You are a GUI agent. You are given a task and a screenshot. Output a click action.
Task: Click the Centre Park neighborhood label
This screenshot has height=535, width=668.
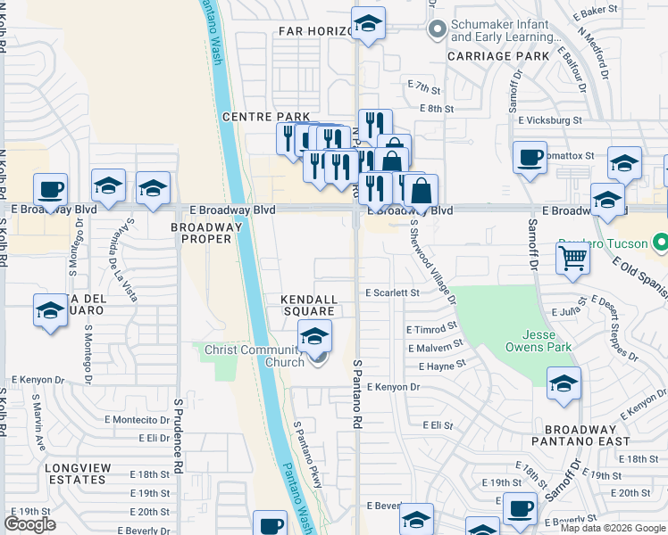click(x=265, y=117)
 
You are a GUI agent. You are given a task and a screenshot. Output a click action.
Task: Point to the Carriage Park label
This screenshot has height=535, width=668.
click(x=498, y=55)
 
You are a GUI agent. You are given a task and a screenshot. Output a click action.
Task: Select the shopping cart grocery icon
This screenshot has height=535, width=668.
click(x=572, y=259)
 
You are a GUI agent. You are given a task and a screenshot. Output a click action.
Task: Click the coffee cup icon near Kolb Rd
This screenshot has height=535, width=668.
click(x=50, y=190)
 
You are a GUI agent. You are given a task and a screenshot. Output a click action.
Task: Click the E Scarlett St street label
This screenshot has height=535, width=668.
click(x=391, y=292)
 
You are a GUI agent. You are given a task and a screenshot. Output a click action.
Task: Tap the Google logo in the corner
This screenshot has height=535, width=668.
click(x=29, y=524)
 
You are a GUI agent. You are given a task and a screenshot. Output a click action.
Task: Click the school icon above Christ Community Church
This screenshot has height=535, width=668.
click(x=314, y=337)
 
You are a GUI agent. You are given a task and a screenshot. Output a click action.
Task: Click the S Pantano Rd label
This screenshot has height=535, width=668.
click(x=356, y=392)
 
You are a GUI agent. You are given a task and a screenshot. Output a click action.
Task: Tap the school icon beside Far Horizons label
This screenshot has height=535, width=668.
click(x=367, y=25)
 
